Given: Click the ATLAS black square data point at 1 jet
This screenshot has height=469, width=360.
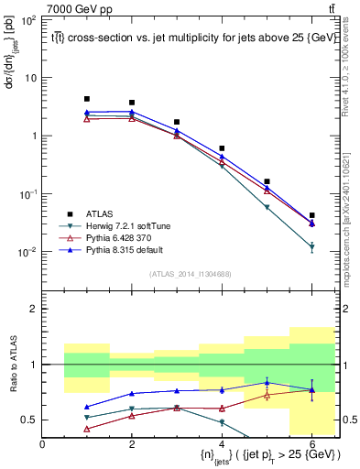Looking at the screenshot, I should click(x=87, y=99).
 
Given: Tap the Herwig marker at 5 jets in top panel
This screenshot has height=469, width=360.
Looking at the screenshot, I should click(x=267, y=208).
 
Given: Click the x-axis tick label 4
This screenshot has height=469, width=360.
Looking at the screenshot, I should click(x=222, y=444).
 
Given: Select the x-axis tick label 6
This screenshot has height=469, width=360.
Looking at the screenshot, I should click(x=311, y=444).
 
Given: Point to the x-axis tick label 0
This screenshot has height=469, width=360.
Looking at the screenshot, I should click(x=42, y=444).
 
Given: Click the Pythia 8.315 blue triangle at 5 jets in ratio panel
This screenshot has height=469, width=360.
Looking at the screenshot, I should click(x=267, y=382).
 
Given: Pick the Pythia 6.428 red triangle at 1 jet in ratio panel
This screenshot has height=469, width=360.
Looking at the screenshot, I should click(x=87, y=429).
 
